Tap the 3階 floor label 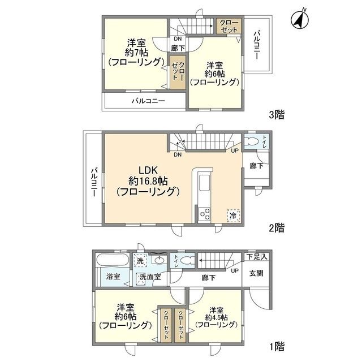276,114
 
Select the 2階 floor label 276,228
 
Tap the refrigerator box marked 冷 233,215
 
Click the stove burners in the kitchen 204,215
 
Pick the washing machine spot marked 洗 140,261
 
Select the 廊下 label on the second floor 256,166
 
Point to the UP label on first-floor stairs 235,271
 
